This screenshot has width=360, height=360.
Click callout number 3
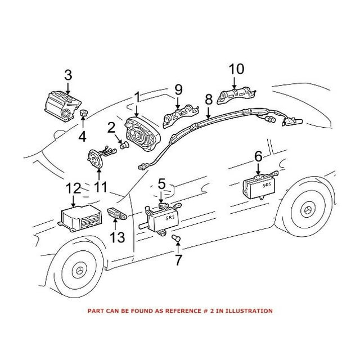pyautogui.click(x=67, y=74)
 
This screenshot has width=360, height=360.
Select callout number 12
pyautogui.click(x=74, y=188)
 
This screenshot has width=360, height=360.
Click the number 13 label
pyautogui.click(x=118, y=237)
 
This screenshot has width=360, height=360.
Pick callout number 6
pyautogui.click(x=259, y=156)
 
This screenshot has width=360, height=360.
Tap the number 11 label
pyautogui.click(x=100, y=186)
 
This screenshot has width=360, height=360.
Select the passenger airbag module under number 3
pyautogui.click(x=61, y=106)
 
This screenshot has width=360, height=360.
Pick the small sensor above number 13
pyautogui.click(x=116, y=214)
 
